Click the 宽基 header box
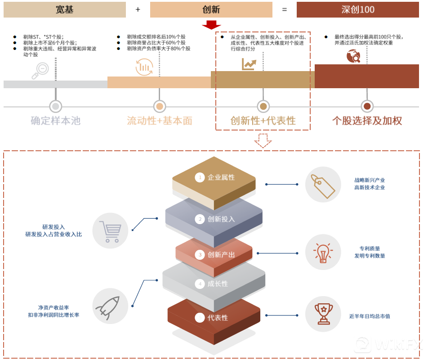[x=64, y=9]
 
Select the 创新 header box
[x=211, y=9]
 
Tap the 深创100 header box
[x=358, y=9]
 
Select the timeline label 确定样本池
[x=55, y=121]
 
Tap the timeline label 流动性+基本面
[x=159, y=121]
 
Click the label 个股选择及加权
[x=367, y=121]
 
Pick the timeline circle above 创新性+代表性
[x=263, y=106]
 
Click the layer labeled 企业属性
[x=214, y=178]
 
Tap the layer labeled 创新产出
[x=214, y=255]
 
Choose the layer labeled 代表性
[x=214, y=318]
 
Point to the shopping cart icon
[x=110, y=231]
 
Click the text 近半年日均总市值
[x=370, y=316]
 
